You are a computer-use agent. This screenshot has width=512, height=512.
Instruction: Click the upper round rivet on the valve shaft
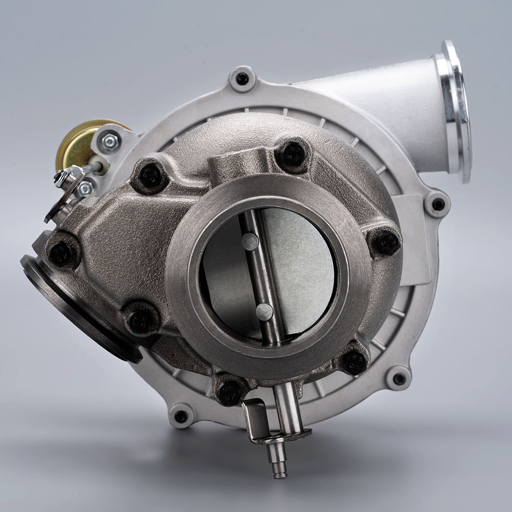pyautogui.click(x=250, y=241)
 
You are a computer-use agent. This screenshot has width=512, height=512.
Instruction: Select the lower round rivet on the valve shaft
pyautogui.click(x=264, y=311)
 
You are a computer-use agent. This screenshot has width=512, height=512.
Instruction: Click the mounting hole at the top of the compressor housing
pyautogui.click(x=242, y=79)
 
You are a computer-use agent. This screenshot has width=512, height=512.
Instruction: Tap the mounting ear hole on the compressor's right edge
pyautogui.click(x=438, y=204)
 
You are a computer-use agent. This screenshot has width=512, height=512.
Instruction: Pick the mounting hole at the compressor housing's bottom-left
pyautogui.click(x=181, y=416)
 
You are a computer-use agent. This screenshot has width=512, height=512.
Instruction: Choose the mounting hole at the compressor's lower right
pyautogui.click(x=399, y=379)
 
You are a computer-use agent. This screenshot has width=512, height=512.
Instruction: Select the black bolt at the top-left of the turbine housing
pyautogui.click(x=151, y=176)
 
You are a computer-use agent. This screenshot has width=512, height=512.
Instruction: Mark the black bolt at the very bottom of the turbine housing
pyautogui.click(x=229, y=392)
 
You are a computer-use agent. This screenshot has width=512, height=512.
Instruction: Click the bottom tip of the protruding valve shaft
pyautogui.click(x=280, y=474)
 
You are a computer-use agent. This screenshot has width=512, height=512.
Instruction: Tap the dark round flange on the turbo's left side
pyautogui.click(x=77, y=307)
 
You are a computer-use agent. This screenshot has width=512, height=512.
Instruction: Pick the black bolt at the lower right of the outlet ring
pyautogui.click(x=354, y=361)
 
